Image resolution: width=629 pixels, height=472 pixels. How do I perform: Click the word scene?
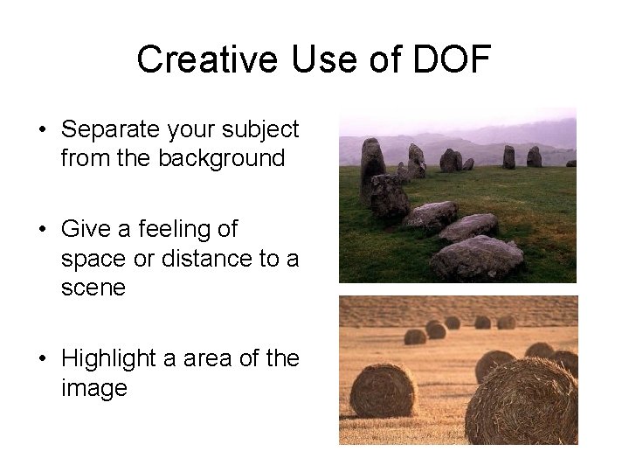pos(93,288)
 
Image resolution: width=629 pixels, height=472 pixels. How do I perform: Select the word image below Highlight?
pos(94,387)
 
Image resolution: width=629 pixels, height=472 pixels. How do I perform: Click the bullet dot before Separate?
pos(42,131)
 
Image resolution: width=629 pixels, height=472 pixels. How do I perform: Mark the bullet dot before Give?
pos(42,230)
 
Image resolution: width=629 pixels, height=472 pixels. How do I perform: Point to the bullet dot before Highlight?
pos(42,359)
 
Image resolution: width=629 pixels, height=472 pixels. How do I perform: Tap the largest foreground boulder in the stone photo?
pos(477,258)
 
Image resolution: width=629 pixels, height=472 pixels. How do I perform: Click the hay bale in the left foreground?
pos(383,390)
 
